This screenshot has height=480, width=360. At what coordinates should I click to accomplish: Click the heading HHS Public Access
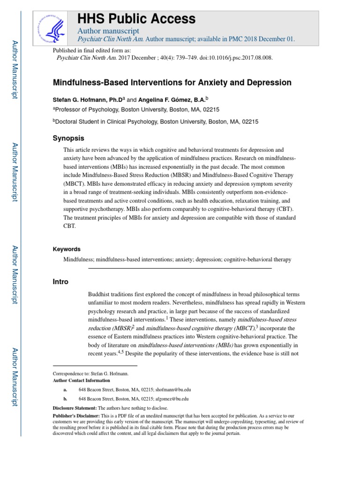click(x=136, y=18)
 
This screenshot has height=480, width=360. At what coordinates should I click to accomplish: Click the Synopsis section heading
click(x=68, y=138)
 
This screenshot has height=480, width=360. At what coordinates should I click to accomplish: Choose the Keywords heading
click(x=67, y=249)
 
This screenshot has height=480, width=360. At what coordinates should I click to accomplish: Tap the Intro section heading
click(x=60, y=282)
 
